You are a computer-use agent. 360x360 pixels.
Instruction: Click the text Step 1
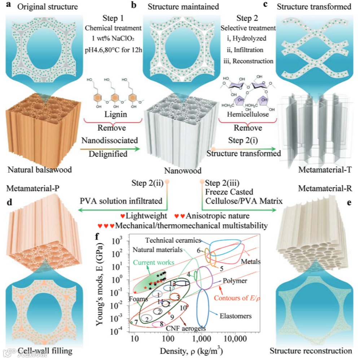point(112,18)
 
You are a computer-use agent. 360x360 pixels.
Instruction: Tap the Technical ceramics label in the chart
point(172,241)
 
